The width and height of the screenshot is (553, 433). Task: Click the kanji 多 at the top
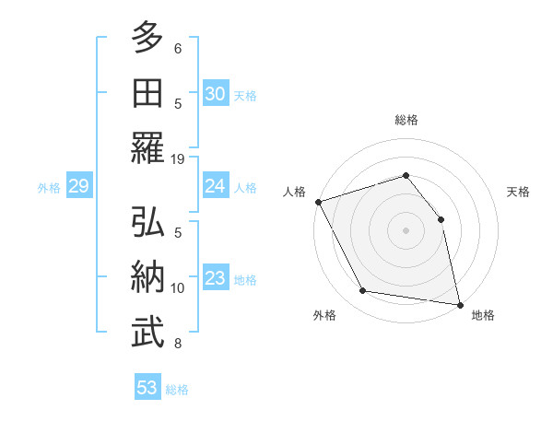click(147, 39)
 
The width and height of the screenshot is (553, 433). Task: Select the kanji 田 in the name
click(147, 93)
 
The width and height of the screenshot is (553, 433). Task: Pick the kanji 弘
click(147, 223)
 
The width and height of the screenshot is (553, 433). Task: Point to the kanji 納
click(147, 277)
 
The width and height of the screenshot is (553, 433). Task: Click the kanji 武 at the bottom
click(147, 332)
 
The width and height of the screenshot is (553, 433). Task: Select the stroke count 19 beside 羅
click(178, 159)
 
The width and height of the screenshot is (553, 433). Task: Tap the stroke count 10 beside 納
click(178, 288)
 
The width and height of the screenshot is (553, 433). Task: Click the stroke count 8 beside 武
click(178, 344)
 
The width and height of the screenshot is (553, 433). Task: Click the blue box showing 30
click(215, 93)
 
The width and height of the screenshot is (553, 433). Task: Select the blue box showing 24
click(215, 186)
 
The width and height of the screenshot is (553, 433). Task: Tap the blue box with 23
click(215, 278)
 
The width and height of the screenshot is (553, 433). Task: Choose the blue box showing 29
click(78, 187)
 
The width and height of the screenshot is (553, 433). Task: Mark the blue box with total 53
click(147, 388)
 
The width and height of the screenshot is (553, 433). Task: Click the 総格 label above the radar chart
click(406, 120)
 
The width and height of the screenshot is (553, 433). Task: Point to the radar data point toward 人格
click(318, 202)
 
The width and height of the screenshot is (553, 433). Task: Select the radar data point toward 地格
click(460, 304)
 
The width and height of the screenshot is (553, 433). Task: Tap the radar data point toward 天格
click(441, 219)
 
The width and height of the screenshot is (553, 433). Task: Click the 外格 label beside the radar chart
click(324, 315)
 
